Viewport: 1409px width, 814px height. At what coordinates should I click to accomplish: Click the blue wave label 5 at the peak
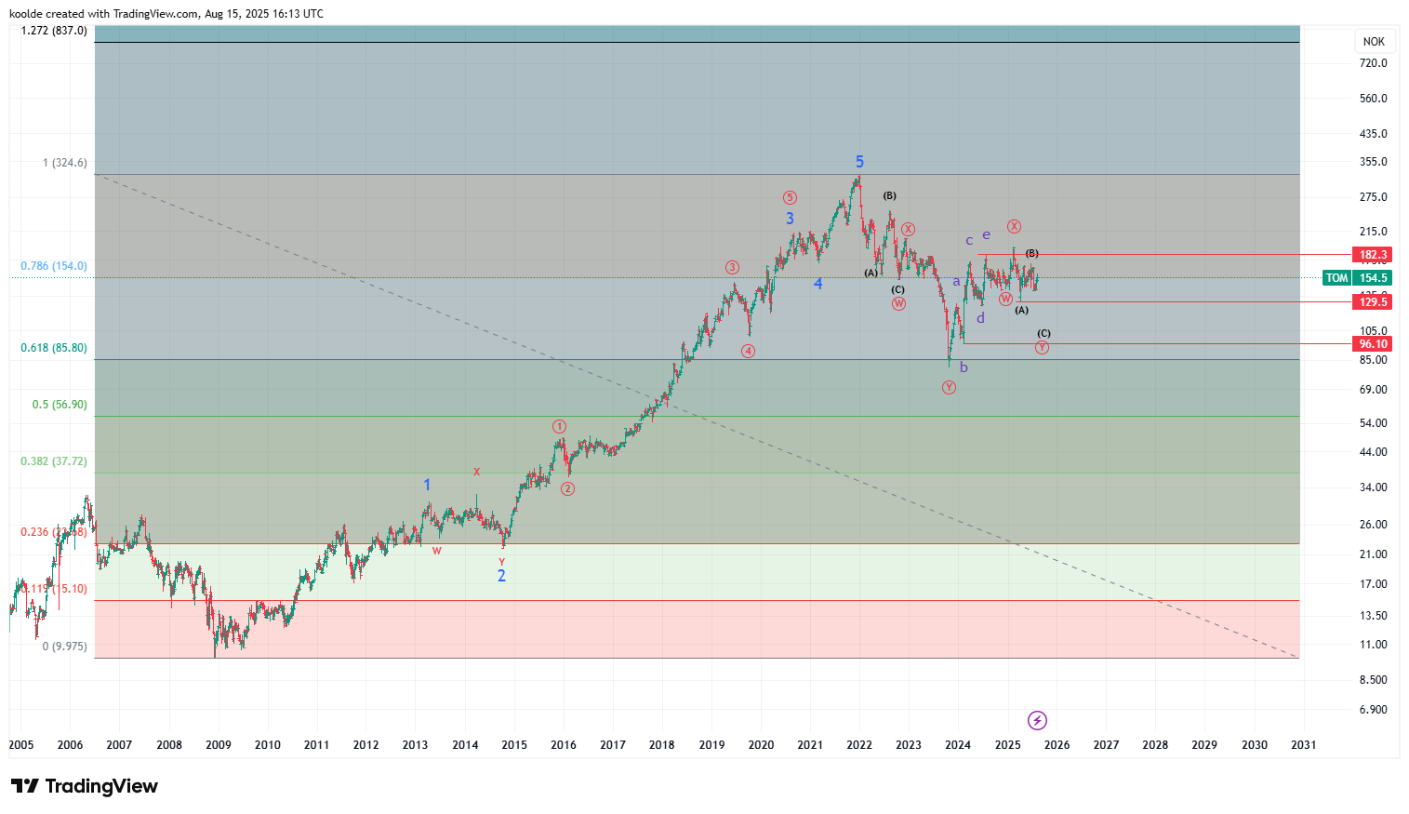[x=859, y=162]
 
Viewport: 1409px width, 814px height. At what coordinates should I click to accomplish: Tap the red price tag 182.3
[x=1373, y=255]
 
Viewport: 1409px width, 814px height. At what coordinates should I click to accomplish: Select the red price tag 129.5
[x=1373, y=302]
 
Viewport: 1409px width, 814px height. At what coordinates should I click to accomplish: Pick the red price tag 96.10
[x=1373, y=344]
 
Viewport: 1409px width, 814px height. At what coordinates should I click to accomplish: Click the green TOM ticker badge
[x=1336, y=278]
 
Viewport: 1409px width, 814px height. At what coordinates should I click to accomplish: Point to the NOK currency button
[x=1374, y=42]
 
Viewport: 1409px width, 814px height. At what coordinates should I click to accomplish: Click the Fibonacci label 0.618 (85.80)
[x=54, y=348]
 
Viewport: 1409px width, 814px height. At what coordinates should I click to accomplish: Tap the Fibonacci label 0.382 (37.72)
[x=54, y=461]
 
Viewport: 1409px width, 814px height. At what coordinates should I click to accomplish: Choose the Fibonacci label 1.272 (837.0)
[x=54, y=31]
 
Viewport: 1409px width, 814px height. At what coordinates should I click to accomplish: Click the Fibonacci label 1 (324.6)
[x=65, y=163]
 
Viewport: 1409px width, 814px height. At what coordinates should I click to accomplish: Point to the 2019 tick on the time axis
[x=711, y=745]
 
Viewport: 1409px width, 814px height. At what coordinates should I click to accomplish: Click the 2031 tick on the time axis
[x=1304, y=745]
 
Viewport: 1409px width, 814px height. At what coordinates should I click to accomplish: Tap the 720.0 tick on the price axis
[x=1373, y=63]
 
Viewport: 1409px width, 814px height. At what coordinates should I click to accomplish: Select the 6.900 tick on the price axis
[x=1373, y=710]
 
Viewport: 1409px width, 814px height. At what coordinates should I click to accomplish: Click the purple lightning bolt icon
[x=1037, y=720]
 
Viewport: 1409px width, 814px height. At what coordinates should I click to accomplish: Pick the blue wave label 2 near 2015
[x=501, y=576]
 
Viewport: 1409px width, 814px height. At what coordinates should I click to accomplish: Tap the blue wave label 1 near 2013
[x=427, y=485]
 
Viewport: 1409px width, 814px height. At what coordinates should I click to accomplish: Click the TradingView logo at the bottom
[x=85, y=787]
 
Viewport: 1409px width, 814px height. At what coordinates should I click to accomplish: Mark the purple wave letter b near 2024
[x=964, y=367]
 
